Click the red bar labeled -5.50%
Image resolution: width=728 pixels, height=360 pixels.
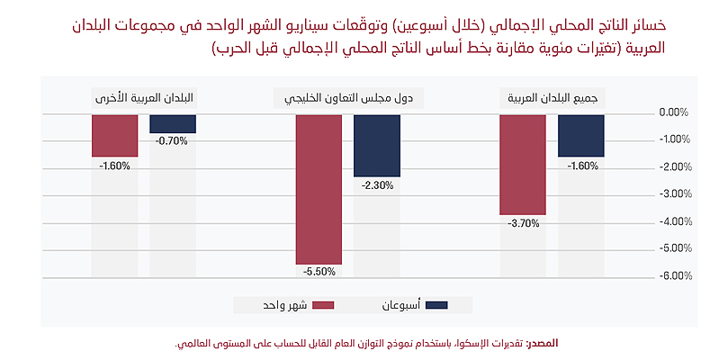tap(319, 189)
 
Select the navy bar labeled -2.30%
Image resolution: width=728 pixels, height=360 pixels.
tap(377, 145)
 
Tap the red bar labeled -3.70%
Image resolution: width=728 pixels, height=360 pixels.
tap(523, 165)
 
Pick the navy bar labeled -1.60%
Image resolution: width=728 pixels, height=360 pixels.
tap(581, 135)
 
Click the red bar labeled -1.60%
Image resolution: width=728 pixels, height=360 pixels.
tap(114, 135)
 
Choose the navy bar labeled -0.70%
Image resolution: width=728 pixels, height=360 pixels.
tap(173, 123)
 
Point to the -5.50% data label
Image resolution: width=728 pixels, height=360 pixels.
tap(319, 271)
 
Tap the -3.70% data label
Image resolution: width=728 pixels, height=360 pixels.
tap(523, 222)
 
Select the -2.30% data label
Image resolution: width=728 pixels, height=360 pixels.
tap(377, 184)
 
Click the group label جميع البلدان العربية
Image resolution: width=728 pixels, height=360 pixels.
tap(553, 97)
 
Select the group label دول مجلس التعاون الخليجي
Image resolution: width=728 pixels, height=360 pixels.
tap(348, 97)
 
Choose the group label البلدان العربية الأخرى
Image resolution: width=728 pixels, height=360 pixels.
tap(144, 97)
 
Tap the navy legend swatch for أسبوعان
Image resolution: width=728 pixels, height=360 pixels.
tap(436, 305)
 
